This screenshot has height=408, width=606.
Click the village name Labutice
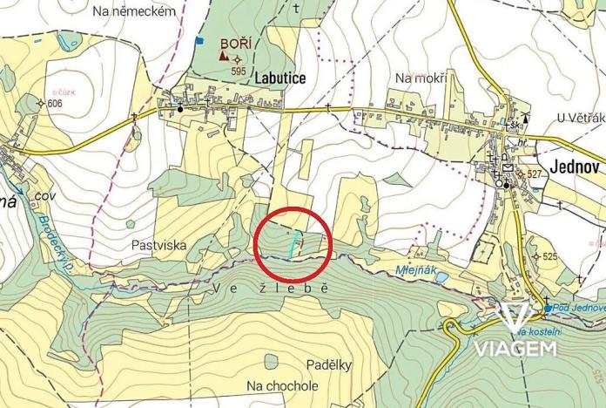coord(280,78)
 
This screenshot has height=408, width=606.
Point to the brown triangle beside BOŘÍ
coord(224,57)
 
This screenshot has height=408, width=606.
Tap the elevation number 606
coord(56,103)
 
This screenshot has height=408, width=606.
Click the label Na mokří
coord(421,78)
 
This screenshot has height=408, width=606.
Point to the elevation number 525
coord(549,256)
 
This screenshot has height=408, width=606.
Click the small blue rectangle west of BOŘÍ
coord(199,39)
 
